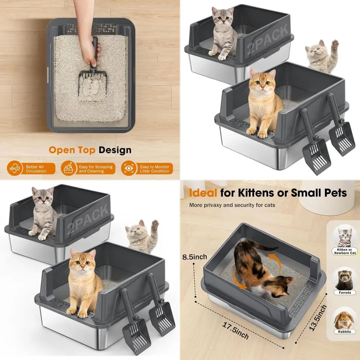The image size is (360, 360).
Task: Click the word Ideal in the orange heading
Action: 203,193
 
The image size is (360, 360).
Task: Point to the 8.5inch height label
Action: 195,257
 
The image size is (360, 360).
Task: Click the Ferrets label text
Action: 345,293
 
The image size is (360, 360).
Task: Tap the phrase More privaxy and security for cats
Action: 232,205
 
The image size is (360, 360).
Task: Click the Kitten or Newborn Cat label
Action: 345,251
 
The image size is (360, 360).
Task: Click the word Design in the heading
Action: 115,150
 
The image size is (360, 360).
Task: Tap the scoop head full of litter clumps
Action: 90,85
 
